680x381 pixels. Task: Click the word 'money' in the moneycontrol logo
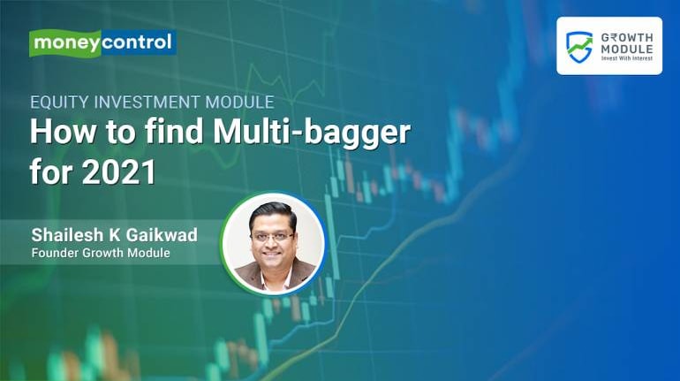click(x=67, y=43)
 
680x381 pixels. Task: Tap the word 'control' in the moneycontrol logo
click(x=137, y=42)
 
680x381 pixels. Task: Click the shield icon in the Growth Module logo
click(x=579, y=47)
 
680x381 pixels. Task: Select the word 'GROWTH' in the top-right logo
click(x=627, y=38)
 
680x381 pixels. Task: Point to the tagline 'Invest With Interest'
click(x=627, y=58)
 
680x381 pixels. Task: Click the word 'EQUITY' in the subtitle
click(x=59, y=102)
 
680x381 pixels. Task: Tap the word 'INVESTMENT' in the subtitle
click(x=147, y=102)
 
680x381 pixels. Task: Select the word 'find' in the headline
click(x=174, y=132)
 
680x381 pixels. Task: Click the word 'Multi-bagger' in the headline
click(x=312, y=133)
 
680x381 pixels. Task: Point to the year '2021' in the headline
click(x=118, y=172)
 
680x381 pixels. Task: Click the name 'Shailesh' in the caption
click(x=68, y=235)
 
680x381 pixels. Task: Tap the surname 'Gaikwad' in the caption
click(x=162, y=236)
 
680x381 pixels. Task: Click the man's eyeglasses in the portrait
click(x=273, y=238)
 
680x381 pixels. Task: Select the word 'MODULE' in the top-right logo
click(x=627, y=49)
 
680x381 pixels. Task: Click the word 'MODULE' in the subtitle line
click(x=239, y=102)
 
